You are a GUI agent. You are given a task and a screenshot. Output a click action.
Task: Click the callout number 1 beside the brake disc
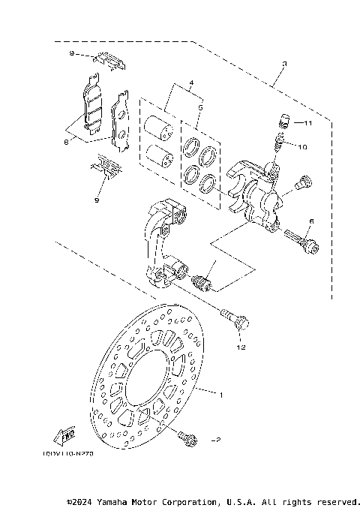tap(221, 393)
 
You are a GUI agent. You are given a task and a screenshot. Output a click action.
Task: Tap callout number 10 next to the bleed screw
tap(301, 148)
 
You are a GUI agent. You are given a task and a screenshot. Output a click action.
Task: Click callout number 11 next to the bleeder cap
tap(307, 122)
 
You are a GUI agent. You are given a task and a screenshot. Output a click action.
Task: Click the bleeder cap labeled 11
tap(283, 119)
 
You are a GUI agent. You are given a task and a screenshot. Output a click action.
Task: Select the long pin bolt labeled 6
tap(301, 240)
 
